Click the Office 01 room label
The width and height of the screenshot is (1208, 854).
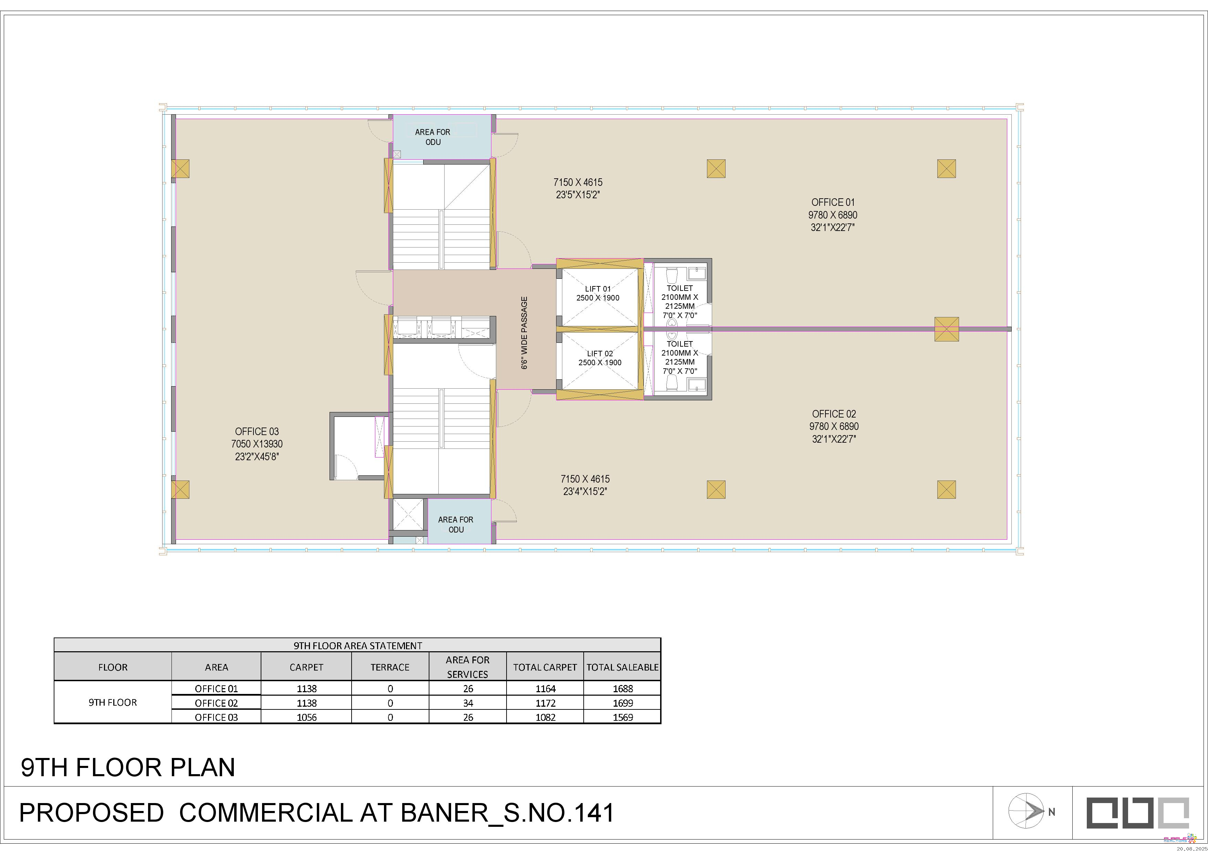click(833, 202)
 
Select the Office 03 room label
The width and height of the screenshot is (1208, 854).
click(257, 432)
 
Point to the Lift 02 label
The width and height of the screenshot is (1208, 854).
click(600, 354)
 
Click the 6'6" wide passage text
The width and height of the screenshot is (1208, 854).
click(524, 333)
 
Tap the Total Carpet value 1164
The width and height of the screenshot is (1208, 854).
click(545, 689)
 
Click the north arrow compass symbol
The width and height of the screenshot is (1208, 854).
click(1026, 811)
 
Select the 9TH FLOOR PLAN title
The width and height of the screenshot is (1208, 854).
click(128, 768)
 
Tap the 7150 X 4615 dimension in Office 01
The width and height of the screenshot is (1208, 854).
click(578, 182)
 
